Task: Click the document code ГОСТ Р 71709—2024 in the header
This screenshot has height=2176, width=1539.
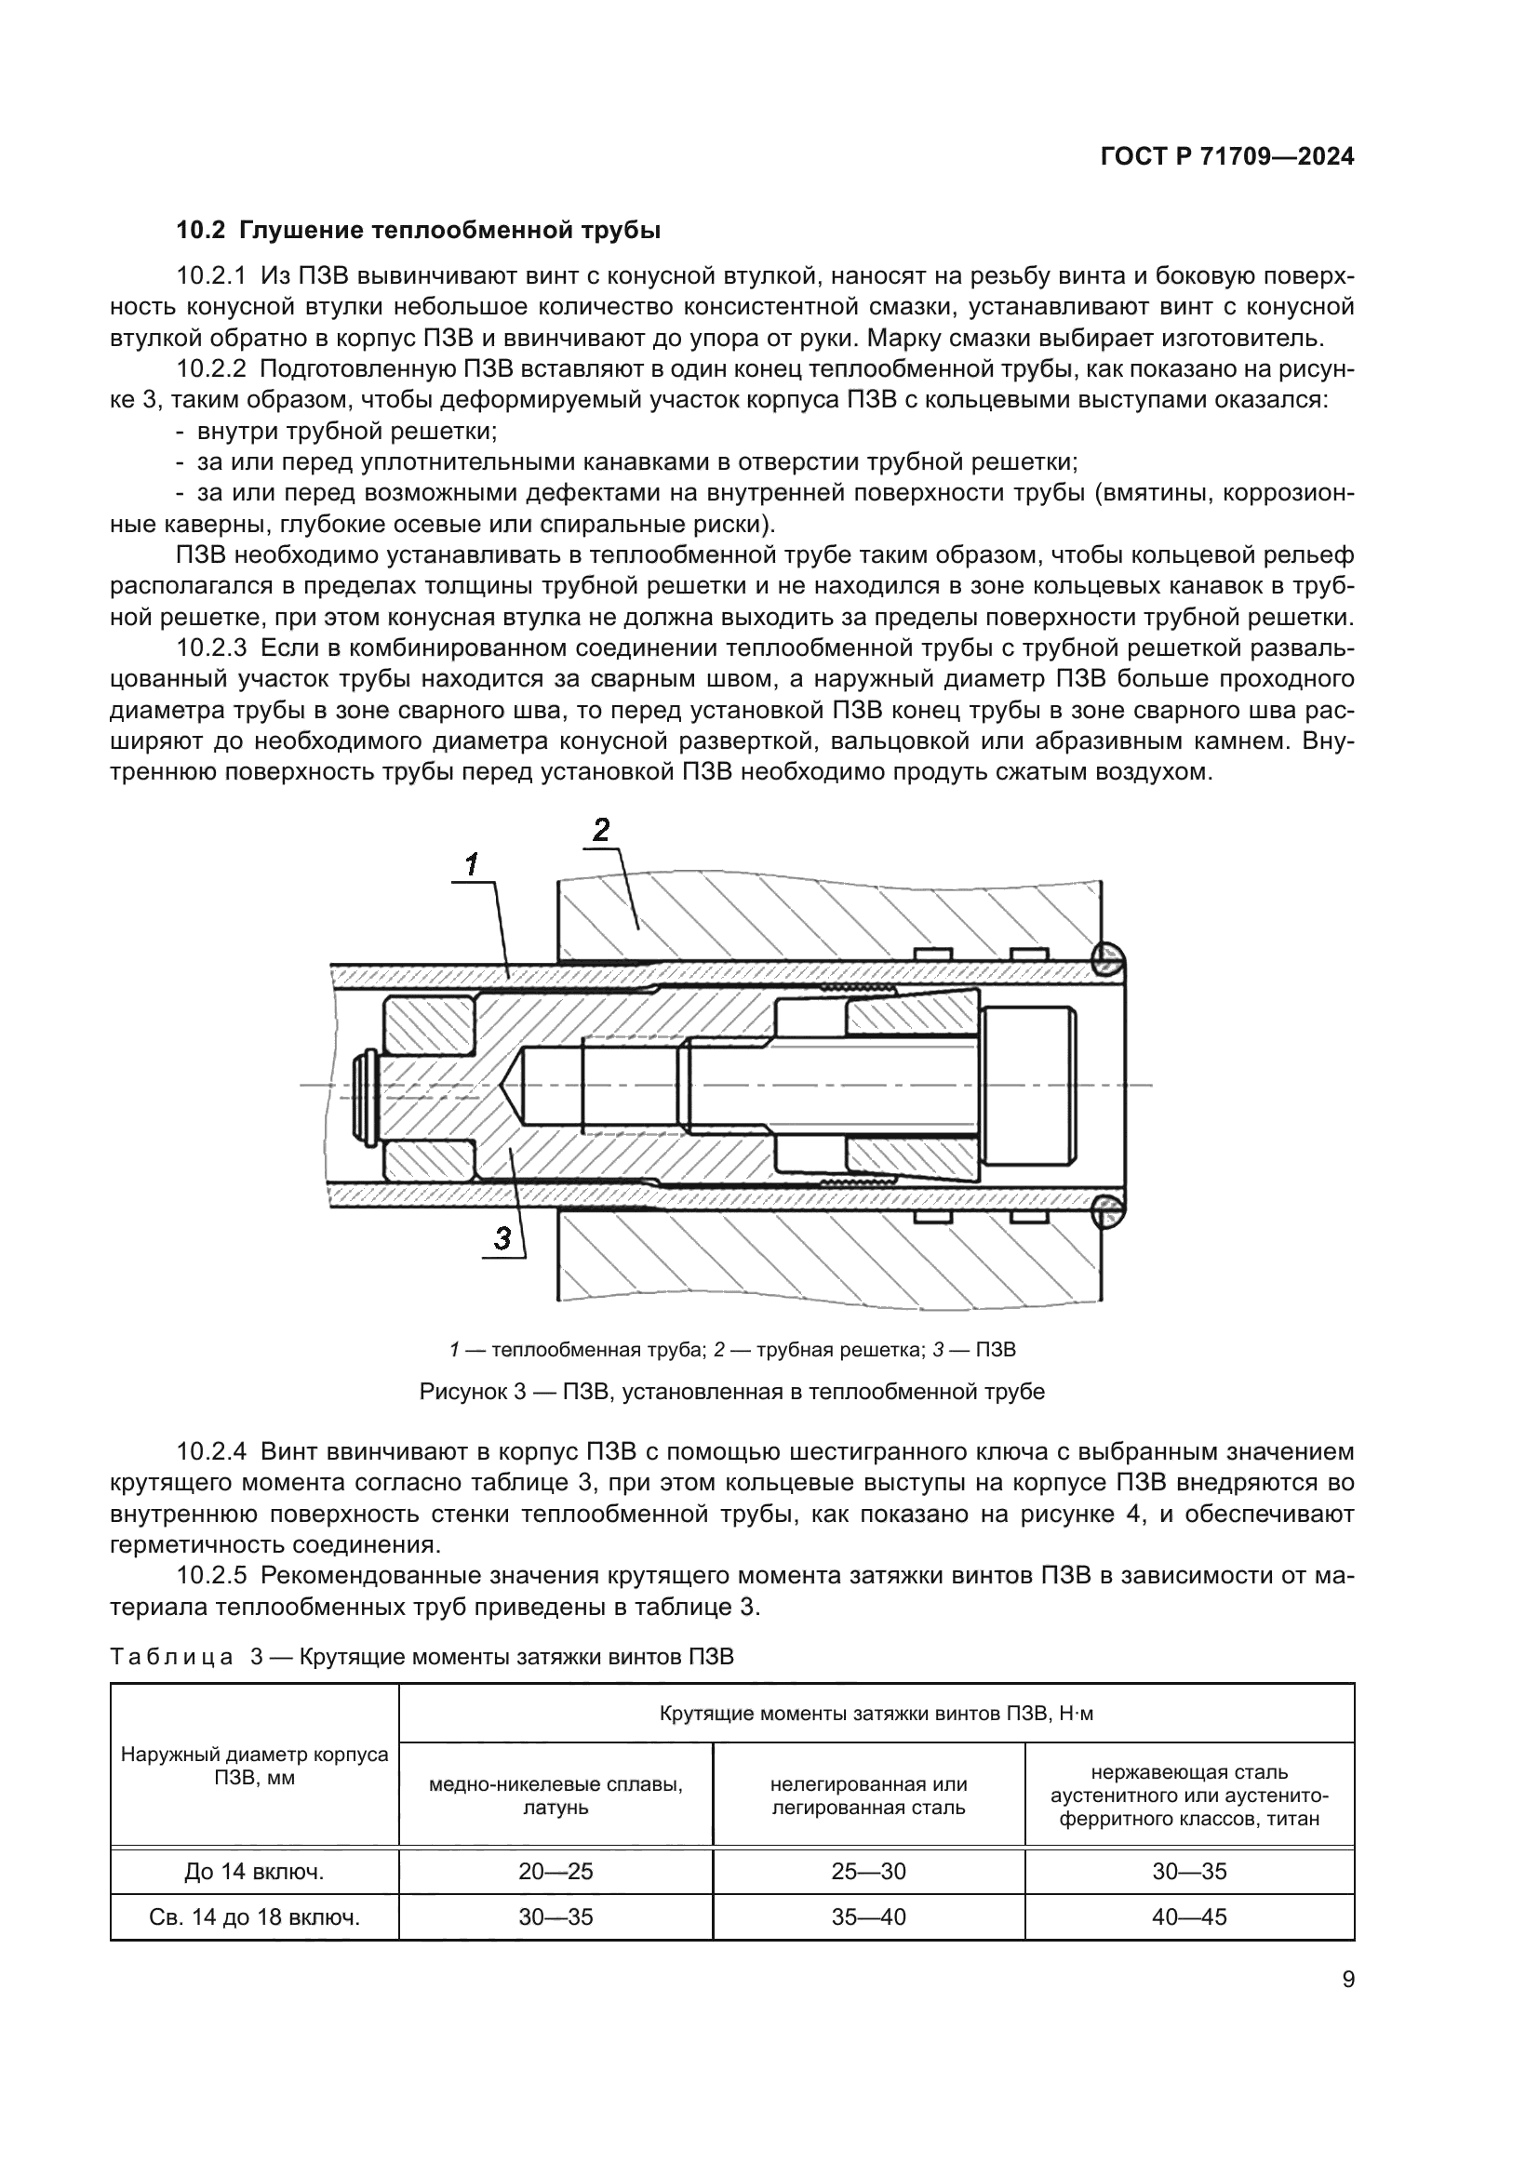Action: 1226,157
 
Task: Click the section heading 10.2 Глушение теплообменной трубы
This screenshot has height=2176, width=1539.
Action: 418,231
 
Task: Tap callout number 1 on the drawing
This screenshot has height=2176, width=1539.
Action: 472,864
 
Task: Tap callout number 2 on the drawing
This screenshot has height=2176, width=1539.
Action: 601,830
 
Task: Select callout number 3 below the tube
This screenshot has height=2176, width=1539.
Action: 502,1237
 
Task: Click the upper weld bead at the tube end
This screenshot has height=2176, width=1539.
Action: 1106,960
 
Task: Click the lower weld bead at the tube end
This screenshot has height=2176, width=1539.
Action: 1106,1210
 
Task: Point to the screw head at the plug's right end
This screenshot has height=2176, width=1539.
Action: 1028,1085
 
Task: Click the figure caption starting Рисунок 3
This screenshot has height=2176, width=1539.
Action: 731,1391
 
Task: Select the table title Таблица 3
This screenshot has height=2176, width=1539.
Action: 422,1657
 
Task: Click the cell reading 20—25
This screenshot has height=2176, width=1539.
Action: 555,1871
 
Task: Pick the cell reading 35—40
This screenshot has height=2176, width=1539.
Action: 868,1916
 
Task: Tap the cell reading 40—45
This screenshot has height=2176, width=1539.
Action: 1188,1916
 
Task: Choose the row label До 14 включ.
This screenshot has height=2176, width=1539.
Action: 254,1871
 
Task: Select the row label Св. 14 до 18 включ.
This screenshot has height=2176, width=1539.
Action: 254,1916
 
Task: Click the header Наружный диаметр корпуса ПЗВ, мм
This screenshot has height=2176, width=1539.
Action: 254,1765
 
